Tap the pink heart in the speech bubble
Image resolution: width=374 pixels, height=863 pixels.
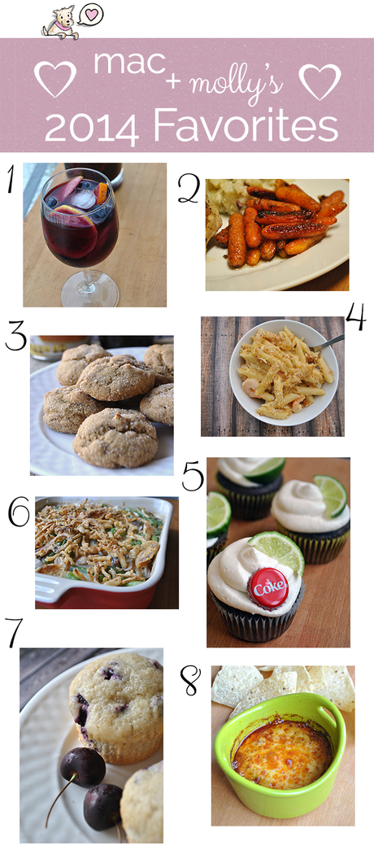[93, 15]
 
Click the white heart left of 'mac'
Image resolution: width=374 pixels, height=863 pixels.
[55, 79]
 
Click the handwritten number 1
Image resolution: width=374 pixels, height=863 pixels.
[11, 181]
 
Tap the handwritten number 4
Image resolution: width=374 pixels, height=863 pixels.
[355, 318]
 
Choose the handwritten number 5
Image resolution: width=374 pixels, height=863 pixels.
[193, 476]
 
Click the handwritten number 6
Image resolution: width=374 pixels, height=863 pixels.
[19, 514]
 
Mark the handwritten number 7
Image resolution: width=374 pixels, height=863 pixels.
[15, 631]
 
